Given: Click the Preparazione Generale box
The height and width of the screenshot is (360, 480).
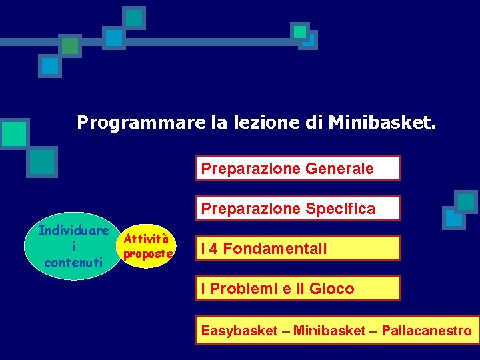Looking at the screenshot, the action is (x=297, y=168).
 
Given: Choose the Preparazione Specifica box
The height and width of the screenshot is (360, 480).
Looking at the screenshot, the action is (x=297, y=208).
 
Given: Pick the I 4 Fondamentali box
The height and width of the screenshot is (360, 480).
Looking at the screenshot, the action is (x=297, y=249).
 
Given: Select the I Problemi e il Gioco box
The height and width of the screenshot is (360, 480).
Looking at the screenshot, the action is (x=297, y=289).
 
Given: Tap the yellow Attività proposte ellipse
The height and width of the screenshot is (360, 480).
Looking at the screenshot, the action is (x=149, y=246).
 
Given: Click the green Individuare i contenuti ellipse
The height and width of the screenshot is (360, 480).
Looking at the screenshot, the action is (x=73, y=246).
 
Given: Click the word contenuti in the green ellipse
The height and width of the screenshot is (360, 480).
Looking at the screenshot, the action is (x=73, y=262).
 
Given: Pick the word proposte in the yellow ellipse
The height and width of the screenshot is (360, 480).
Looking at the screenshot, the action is (x=149, y=254).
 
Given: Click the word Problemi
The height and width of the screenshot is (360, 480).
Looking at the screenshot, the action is (x=239, y=289).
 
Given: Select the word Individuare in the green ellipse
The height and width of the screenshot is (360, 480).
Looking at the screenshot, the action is (x=73, y=231).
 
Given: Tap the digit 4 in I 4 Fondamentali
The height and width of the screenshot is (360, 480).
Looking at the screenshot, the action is (x=213, y=249).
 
